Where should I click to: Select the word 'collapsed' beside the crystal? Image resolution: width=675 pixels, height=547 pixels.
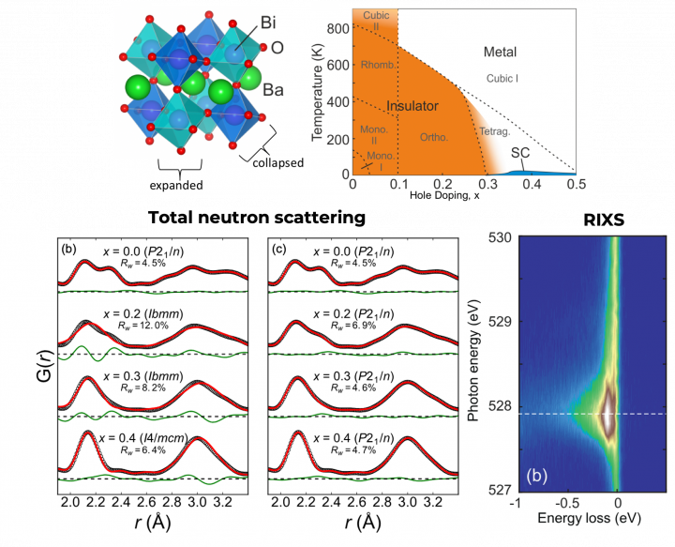(x=278, y=161)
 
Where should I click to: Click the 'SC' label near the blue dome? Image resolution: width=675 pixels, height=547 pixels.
(x=520, y=152)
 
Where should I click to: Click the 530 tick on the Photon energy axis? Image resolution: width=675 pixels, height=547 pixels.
(x=503, y=237)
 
